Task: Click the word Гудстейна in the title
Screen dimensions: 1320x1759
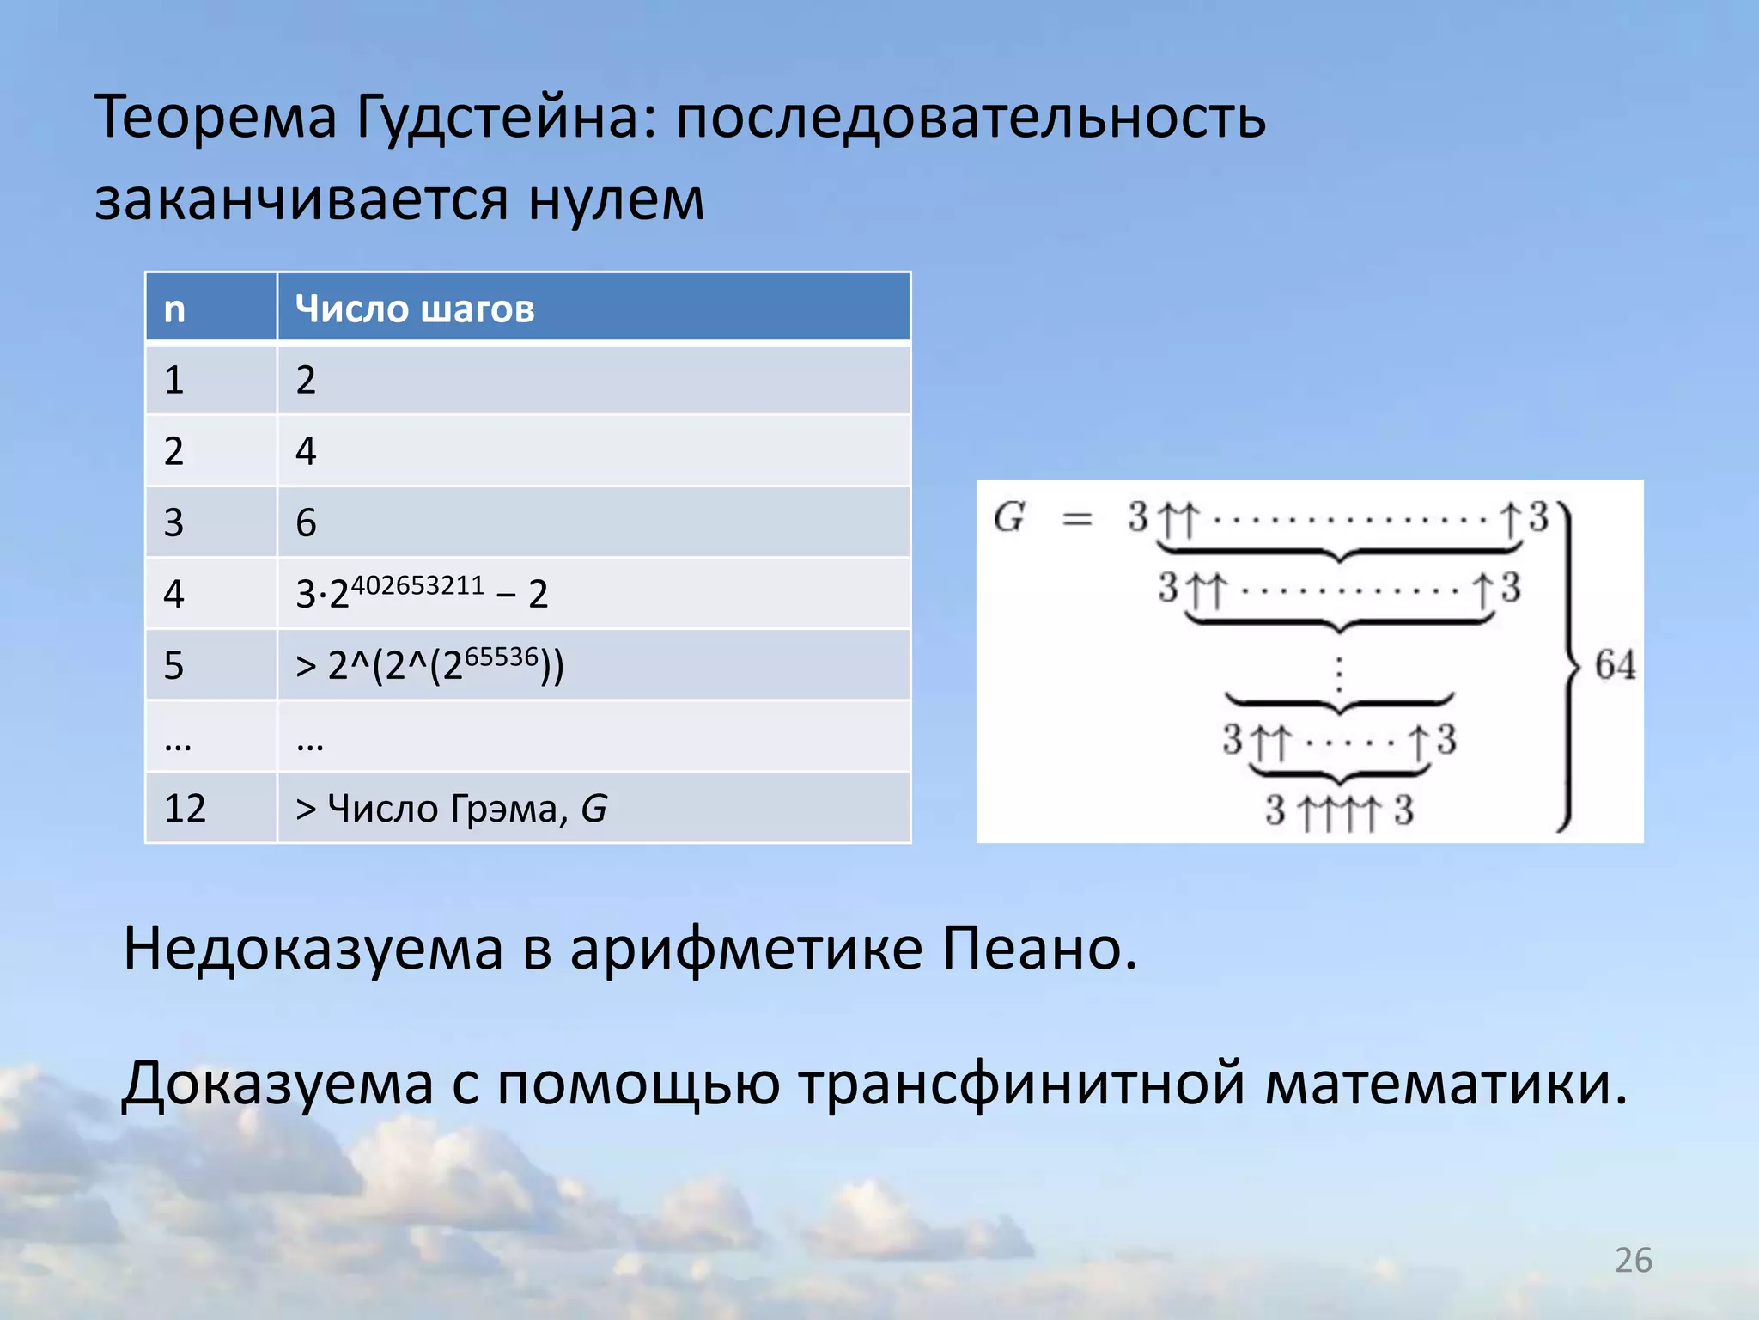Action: tap(497, 119)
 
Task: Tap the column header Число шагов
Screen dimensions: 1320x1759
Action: tap(414, 309)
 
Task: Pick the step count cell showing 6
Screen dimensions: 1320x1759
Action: tap(306, 522)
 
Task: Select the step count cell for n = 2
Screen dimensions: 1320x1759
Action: tap(306, 451)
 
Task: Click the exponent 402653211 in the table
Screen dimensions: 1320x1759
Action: tap(417, 585)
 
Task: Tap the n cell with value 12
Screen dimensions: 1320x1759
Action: tap(185, 809)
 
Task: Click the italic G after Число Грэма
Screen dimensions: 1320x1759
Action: tap(593, 809)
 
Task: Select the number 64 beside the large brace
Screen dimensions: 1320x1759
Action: tap(1615, 665)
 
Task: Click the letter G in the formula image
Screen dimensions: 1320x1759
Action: tap(1009, 517)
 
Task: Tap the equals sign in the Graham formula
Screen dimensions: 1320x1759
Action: tap(1077, 519)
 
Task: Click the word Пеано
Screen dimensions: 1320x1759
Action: tap(1039, 950)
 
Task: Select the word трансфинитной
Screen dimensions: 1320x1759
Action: tap(1022, 1084)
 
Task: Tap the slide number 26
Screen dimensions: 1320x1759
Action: tap(1633, 1261)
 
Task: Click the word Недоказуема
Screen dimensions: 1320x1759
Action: tap(313, 950)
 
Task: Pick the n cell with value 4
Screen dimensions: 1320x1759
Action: tap(173, 594)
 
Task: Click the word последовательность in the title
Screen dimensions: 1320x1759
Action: tap(971, 119)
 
